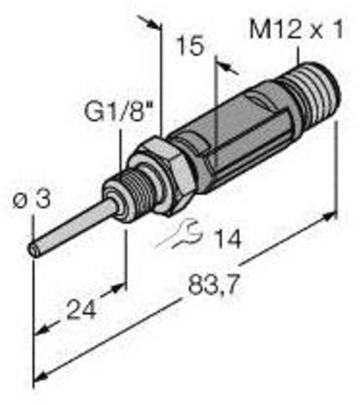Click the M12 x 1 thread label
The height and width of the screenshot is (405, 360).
(296, 30)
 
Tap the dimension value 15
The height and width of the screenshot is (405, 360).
(191, 46)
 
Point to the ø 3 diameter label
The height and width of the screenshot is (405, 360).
(32, 199)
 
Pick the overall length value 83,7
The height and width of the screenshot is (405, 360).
(212, 284)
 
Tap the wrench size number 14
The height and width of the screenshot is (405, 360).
(228, 239)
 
